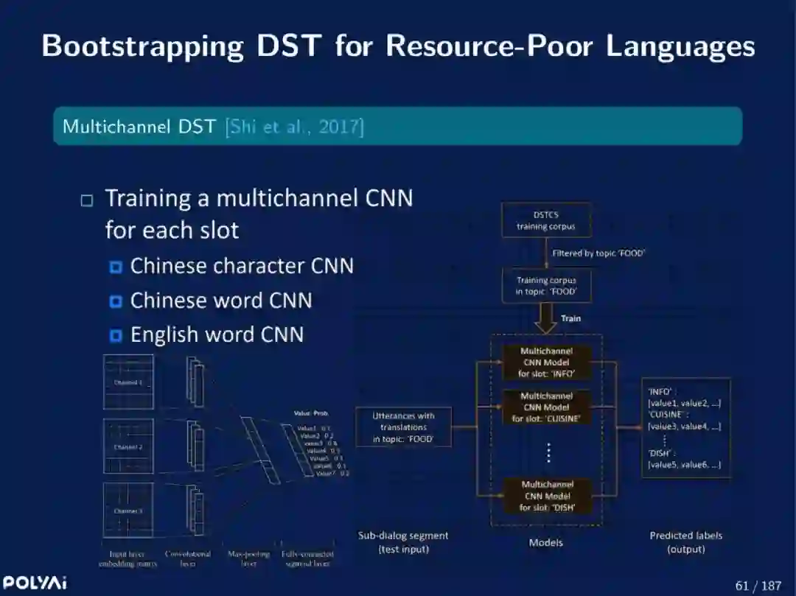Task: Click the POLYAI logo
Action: (35, 583)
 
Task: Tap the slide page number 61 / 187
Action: (758, 586)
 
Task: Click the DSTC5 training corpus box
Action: (545, 220)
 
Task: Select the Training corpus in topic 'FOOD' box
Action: (546, 286)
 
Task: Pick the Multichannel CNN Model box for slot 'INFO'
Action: (546, 362)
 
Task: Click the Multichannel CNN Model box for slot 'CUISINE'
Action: (546, 407)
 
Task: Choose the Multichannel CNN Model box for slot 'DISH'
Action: (546, 496)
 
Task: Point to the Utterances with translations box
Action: (403, 427)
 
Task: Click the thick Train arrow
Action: (546, 319)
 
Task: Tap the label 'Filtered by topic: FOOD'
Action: (598, 253)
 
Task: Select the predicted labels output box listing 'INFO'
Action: (685, 427)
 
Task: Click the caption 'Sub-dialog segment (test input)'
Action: (403, 542)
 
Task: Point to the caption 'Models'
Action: (546, 542)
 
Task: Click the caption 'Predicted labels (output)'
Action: (685, 542)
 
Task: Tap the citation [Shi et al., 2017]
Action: (295, 126)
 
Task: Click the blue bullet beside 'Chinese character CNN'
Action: (116, 267)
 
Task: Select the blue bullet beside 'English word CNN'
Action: (116, 336)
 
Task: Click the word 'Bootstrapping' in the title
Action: (142, 46)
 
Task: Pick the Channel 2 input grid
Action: (128, 446)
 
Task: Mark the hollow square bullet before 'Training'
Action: (88, 200)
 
